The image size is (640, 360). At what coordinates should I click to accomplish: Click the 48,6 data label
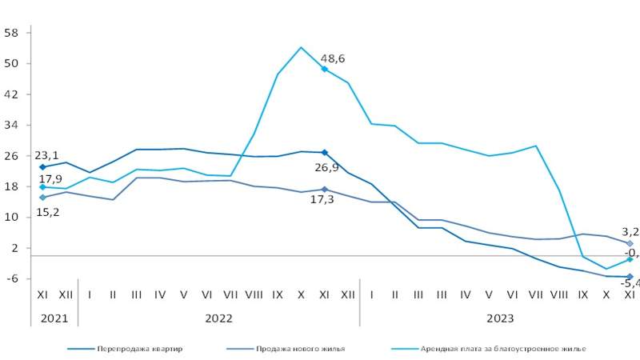[x=333, y=58]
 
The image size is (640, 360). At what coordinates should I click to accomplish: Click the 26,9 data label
[x=325, y=167]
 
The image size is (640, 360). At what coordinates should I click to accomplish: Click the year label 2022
[x=218, y=318]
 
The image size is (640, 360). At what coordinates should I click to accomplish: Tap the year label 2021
[x=54, y=318]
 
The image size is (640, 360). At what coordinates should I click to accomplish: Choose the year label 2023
[x=500, y=318]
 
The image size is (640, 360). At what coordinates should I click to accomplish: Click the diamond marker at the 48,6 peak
[x=324, y=69]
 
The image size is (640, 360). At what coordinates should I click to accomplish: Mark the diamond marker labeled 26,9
[x=324, y=153]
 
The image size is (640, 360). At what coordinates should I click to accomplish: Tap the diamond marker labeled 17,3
[x=324, y=190]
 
